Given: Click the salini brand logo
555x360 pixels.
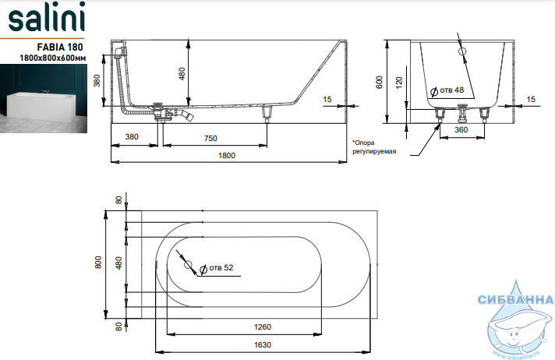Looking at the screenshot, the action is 46,17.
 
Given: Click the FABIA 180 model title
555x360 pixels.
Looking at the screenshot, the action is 60,47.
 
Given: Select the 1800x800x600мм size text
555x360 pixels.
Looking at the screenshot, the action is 53,58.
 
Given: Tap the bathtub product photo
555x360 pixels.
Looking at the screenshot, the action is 44,98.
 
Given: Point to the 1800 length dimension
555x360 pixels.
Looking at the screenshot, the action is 227,155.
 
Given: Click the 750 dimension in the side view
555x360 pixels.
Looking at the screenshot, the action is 210,139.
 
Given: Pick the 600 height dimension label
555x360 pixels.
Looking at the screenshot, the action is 380,83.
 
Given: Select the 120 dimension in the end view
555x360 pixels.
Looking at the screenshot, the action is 399,83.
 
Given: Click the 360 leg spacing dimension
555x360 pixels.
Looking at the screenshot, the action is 461,130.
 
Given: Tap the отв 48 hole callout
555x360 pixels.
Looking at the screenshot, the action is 447,90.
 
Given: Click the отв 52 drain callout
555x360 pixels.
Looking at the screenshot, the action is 216,268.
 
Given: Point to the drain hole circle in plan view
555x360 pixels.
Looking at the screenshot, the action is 188,264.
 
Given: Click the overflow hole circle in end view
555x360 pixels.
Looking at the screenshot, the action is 462,51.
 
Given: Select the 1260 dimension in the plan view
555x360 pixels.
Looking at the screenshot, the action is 262,326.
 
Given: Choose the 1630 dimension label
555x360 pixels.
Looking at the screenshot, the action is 262,344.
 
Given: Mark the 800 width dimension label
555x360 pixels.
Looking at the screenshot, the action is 98,263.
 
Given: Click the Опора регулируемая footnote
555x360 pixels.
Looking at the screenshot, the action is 374,147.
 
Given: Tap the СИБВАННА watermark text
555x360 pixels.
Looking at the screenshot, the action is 515,300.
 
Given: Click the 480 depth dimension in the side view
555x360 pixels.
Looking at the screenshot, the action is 182,73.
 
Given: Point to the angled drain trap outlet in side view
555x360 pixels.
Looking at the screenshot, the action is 185,115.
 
